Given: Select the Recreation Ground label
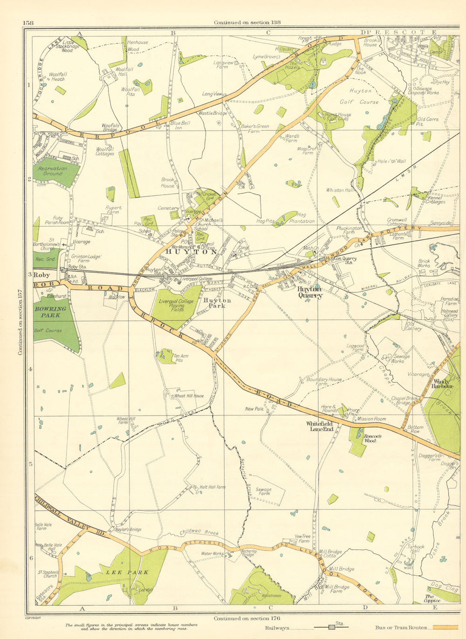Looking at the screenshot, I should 53,171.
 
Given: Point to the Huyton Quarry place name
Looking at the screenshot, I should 310,292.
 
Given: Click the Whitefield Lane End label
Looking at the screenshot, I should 319,426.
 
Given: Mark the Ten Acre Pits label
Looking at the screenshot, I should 181,358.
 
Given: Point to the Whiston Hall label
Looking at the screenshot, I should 341,190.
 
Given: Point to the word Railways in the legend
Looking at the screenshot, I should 276,627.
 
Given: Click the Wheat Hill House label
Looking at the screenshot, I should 189,396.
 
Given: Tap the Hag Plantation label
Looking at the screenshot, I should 302,218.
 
